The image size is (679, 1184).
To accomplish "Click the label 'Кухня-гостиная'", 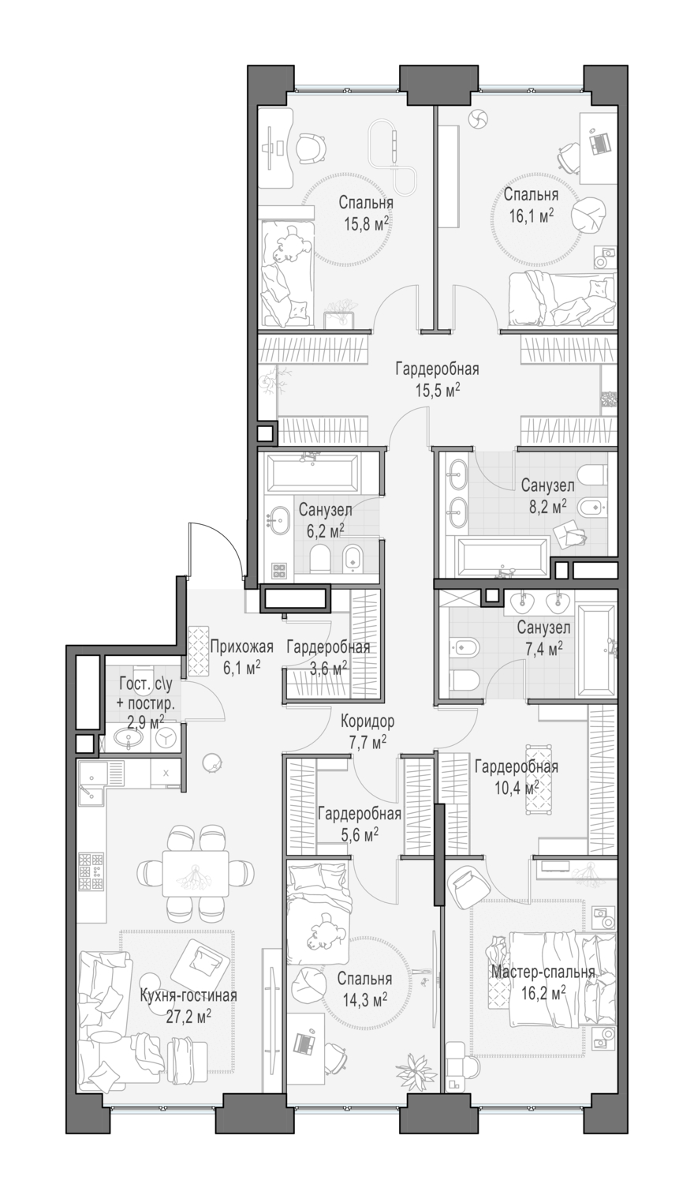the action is pyautogui.click(x=188, y=996).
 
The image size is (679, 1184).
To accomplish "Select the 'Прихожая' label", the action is pyautogui.click(x=242, y=646).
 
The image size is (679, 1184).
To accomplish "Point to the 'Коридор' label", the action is pyautogui.click(x=367, y=721).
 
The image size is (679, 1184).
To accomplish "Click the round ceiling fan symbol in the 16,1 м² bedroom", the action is pyautogui.click(x=478, y=119).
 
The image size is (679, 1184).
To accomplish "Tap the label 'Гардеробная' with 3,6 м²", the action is pyautogui.click(x=328, y=646).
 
